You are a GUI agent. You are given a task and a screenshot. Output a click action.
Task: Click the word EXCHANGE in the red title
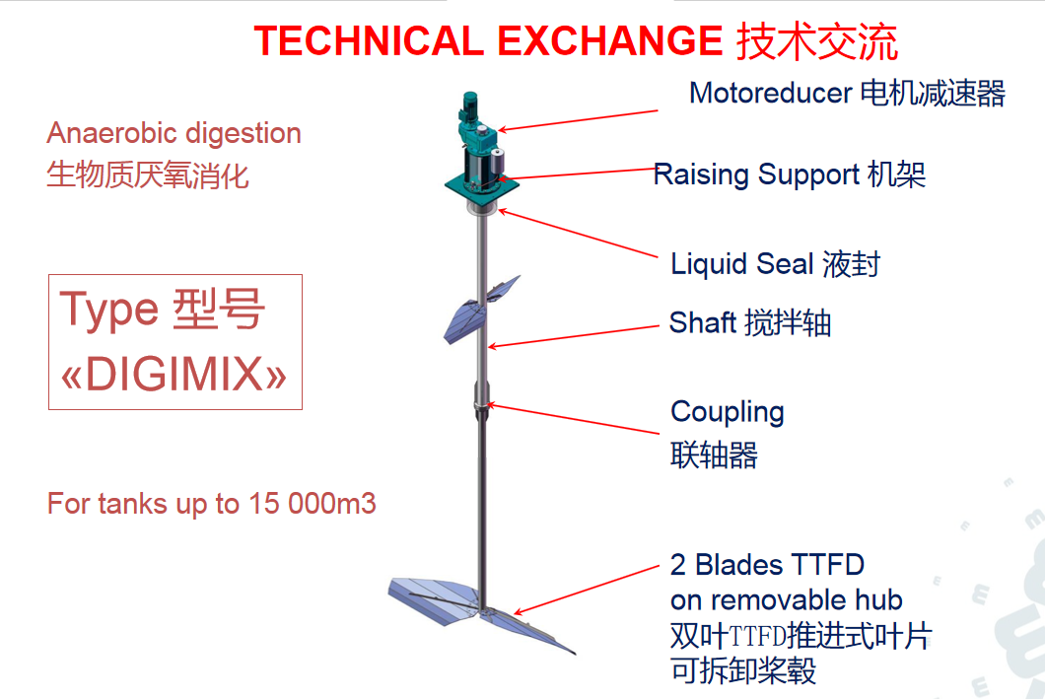[x=610, y=40]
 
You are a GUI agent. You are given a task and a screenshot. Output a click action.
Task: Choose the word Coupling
[x=728, y=413]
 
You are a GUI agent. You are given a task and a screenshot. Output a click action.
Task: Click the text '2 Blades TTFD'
[x=767, y=564]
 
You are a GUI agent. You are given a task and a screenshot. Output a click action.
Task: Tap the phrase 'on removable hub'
[x=787, y=600]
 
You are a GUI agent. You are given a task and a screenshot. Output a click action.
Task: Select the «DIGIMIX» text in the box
[x=174, y=373]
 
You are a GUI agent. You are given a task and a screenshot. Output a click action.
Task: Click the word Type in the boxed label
[x=109, y=311]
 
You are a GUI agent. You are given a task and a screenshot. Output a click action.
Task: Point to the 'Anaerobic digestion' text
[x=174, y=134]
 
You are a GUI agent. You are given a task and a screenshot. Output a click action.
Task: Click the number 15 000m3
[x=312, y=504]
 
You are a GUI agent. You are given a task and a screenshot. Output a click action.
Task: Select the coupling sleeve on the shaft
[x=481, y=400]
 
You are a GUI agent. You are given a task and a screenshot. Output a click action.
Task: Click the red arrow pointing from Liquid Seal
[x=578, y=234]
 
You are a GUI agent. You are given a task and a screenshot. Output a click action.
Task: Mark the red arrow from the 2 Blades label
[x=586, y=590]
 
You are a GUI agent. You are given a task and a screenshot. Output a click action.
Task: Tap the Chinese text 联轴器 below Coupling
[x=714, y=455]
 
